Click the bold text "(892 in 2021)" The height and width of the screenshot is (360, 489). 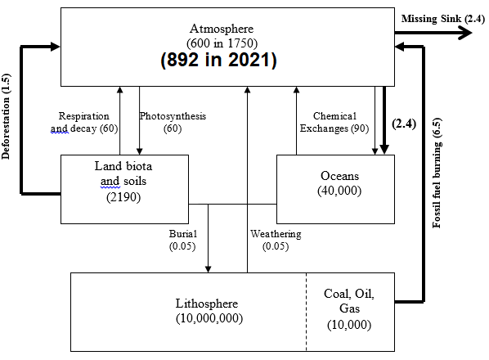pos(218,60)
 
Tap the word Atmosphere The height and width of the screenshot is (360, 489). pos(222,29)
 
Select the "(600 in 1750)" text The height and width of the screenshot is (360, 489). pos(222,43)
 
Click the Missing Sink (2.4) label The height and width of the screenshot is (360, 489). pos(443,19)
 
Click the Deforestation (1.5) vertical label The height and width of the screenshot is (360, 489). pos(6,116)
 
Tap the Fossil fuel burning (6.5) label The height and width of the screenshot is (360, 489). pos(437,173)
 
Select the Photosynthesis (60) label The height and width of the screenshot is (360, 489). pos(173,122)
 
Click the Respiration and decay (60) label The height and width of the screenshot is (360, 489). pos(84,122)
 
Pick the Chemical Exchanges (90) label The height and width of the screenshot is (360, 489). pos(334,122)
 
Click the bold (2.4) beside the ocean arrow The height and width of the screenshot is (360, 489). pos(404,124)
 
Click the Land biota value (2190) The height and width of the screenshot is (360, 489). pos(123,197)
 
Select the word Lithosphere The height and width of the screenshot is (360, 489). pos(207,304)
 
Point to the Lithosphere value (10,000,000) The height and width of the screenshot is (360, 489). pos(209,318)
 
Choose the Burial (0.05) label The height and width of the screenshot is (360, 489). pos(182,240)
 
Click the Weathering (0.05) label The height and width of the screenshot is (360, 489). pos(276,240)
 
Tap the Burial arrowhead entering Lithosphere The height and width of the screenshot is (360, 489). pos(208,269)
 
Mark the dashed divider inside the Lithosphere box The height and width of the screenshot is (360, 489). pos(307,312)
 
